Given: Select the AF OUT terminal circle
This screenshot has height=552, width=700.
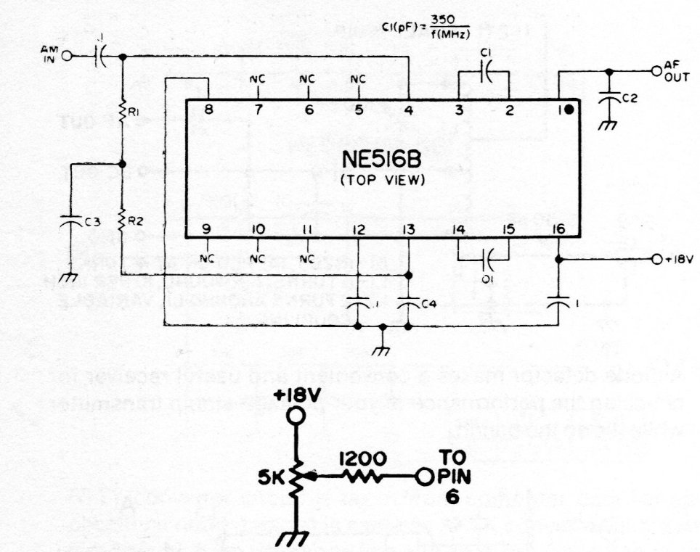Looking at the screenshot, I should [x=656, y=71].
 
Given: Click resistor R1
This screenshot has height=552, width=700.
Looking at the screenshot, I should [x=122, y=112].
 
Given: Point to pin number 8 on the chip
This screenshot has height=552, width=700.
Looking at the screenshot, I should [x=208, y=110].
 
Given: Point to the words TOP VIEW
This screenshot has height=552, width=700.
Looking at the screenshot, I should [x=382, y=179].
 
